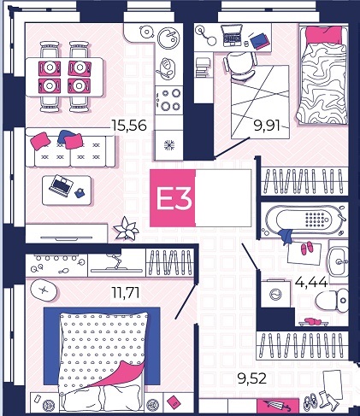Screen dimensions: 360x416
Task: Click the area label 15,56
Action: pyautogui.click(x=129, y=126)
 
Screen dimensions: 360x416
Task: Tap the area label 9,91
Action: pyautogui.click(x=267, y=126)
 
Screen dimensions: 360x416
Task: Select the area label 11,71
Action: pyautogui.click(x=126, y=292)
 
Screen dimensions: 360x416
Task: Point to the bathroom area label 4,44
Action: pyautogui.click(x=311, y=282)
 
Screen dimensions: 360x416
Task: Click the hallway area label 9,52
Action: pyautogui.click(x=251, y=378)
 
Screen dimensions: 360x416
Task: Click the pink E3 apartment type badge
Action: pyautogui.click(x=173, y=198)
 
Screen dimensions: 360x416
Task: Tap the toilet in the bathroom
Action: pyautogui.click(x=333, y=300)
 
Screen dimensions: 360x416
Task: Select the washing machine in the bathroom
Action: pyautogui.click(x=276, y=294)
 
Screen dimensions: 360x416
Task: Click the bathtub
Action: pyautogui.click(x=304, y=220)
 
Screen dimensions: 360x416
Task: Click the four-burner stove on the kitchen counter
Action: pyautogui.click(x=169, y=100)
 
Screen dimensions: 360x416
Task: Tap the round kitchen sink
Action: pyautogui.click(x=168, y=38)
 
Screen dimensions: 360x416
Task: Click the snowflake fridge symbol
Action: pyautogui.click(x=169, y=145)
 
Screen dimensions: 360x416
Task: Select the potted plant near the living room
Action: pyautogui.click(x=126, y=228)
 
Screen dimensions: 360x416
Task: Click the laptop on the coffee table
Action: pyautogui.click(x=61, y=185)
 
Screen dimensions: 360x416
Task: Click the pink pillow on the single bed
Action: pyautogui.click(x=323, y=35)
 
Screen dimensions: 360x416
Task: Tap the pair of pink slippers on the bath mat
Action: pyautogui.click(x=306, y=248)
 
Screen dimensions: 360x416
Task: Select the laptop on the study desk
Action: pyautogui.click(x=231, y=36)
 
